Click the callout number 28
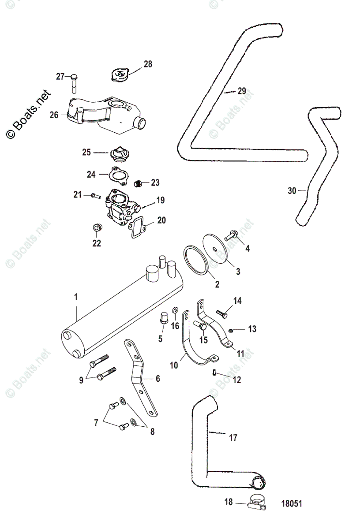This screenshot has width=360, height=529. tap(147, 64)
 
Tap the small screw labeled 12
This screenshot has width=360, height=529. tap(214, 373)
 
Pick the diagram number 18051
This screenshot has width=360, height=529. tap(292, 503)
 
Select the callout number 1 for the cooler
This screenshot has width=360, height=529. tap(75, 297)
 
